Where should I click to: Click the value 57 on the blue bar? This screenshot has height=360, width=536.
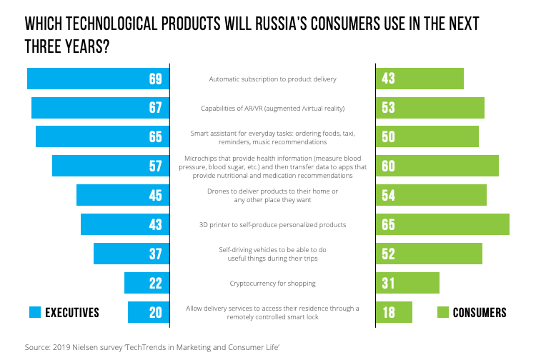156,166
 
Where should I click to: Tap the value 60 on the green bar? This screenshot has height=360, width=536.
389,166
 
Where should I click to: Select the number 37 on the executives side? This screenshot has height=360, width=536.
156,254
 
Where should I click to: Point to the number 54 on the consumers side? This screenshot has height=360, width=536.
389,196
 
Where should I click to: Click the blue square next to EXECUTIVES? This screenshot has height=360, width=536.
35,312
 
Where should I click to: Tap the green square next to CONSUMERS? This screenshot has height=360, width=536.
442,312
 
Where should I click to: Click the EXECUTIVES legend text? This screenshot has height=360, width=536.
72,312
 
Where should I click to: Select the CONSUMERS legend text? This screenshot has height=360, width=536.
480,312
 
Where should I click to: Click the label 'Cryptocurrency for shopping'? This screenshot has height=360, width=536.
272,283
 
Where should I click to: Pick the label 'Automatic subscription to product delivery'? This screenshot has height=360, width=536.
272,79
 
